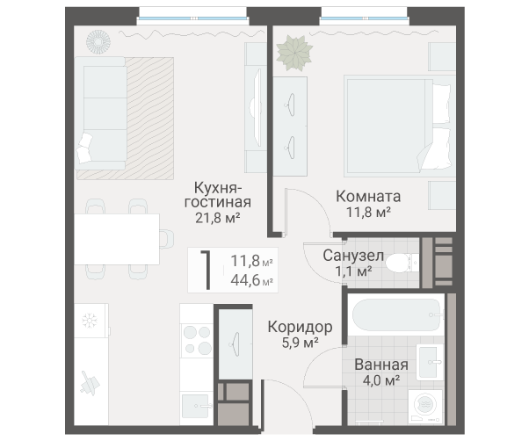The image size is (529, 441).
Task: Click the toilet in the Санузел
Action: click(402, 262)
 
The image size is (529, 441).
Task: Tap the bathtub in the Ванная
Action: click(397, 314)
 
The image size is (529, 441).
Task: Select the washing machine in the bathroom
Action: click(425, 406)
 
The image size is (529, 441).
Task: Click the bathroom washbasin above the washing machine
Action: click(429, 362)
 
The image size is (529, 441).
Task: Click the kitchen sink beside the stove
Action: click(197, 406)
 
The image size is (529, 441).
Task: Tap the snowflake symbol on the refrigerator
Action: click(90, 321)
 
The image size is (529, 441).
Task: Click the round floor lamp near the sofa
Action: click(98, 42)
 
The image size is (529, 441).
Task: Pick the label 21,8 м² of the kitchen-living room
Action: click(218, 218)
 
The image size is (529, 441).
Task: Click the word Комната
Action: click(368, 196)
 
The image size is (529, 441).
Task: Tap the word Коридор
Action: click(301, 327)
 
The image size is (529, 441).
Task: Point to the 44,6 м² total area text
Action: click(251, 280)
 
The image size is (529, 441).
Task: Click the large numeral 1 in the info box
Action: click(207, 270)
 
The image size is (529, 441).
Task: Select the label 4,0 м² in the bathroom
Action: click(381, 380)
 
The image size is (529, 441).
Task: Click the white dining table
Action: click(117, 239)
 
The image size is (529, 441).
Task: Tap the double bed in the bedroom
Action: click(397, 127)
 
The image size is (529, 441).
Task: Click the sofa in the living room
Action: click(100, 113)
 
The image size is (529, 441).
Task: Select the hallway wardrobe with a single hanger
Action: click(236, 343)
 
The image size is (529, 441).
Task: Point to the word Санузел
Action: click(353, 256)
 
